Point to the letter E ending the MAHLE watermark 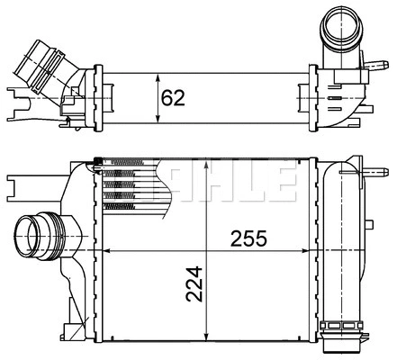pos(284,181)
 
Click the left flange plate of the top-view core pos(100,96)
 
